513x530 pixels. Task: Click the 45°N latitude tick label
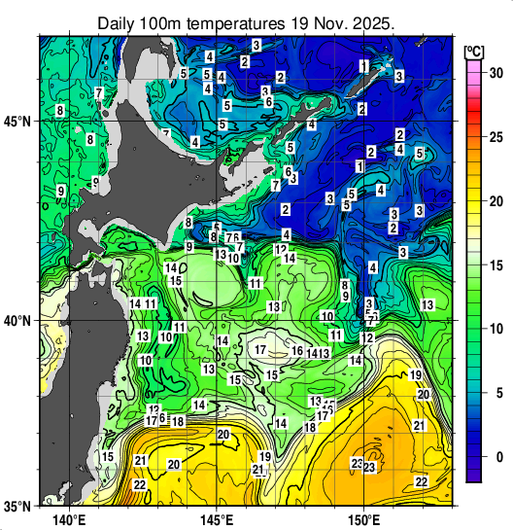click(17, 122)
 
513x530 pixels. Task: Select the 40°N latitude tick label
click(17, 321)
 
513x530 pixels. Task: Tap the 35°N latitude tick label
click(17, 506)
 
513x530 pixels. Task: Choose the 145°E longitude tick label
click(216, 519)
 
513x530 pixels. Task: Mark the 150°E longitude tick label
click(364, 519)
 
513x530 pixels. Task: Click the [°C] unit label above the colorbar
click(474, 50)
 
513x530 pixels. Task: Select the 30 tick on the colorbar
click(495, 73)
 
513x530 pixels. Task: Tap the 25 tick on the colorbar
click(495, 137)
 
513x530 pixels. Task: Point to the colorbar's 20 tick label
click(495, 201)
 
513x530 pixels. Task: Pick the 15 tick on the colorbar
click(495, 265)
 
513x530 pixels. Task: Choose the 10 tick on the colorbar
click(495, 330)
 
